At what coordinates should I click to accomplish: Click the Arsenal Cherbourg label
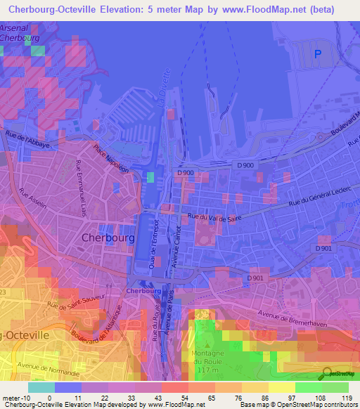[20, 34]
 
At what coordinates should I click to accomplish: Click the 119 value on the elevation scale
[347, 398]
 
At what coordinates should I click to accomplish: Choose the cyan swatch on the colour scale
[41, 387]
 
